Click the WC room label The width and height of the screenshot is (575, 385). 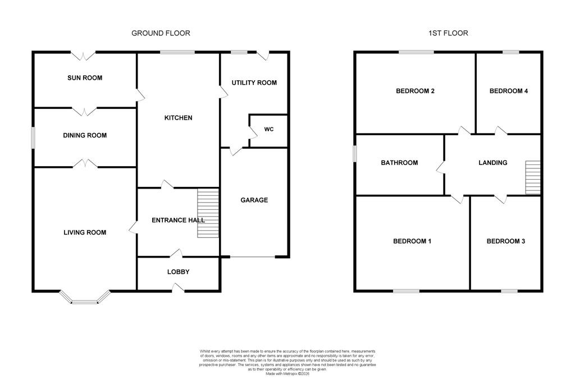269,130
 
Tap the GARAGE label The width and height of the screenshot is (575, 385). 254,200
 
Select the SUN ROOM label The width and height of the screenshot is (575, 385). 85,78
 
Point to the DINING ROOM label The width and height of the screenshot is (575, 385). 85,135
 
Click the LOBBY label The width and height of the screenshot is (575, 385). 178,272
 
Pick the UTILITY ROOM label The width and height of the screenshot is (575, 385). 254,82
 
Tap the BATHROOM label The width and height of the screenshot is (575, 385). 399,162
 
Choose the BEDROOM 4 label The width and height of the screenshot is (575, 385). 509,91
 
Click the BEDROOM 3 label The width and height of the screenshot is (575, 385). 506,241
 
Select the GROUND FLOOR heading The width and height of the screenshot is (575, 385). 161,33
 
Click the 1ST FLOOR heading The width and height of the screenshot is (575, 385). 448,33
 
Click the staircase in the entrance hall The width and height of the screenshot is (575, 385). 208,213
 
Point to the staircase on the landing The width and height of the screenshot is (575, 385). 533,177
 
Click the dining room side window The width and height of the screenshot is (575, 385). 33,138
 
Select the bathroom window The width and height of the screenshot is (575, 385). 355,154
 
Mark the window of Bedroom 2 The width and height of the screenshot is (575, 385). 416,52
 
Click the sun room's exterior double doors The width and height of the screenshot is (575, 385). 83,55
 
